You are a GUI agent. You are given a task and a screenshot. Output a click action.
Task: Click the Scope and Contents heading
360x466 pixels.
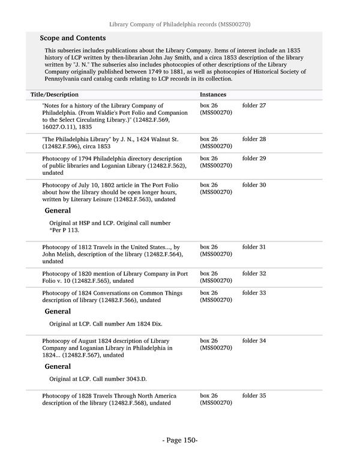point(68,37)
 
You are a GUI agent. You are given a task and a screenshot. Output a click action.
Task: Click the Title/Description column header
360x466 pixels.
point(55,95)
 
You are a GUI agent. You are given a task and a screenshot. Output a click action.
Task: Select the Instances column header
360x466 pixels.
point(213,95)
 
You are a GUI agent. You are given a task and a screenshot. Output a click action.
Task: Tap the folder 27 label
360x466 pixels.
point(254,106)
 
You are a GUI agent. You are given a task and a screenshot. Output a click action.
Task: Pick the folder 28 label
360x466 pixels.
point(254,139)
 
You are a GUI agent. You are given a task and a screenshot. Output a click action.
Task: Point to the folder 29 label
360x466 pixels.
point(254,159)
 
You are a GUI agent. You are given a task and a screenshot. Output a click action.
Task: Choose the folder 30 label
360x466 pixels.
point(254,185)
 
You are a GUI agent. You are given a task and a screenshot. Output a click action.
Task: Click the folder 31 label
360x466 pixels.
point(254,247)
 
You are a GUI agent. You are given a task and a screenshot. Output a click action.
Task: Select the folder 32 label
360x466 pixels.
point(254,274)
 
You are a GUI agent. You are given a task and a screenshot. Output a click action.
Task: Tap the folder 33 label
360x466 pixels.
point(254,293)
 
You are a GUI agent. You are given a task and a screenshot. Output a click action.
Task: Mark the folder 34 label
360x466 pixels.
point(254,341)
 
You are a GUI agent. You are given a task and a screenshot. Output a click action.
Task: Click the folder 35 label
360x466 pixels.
point(254,396)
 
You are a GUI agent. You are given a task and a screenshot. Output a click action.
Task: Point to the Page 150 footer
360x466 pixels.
point(180,441)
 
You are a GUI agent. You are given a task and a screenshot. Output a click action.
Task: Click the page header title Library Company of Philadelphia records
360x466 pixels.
point(179,25)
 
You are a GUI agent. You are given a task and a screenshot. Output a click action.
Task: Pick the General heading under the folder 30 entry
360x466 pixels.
point(58,211)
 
